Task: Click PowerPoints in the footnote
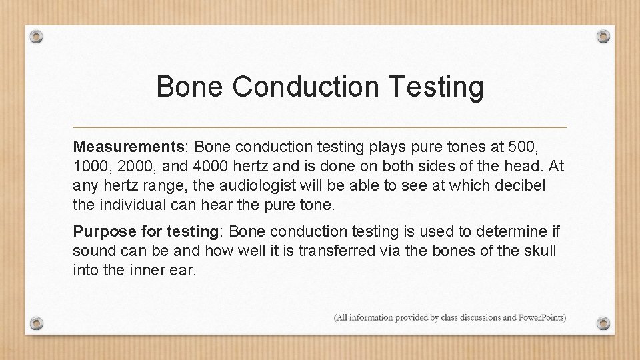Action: pos(542,317)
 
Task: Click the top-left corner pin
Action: pos(38,36)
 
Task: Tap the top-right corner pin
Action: pos(603,36)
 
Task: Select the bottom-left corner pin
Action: pos(38,323)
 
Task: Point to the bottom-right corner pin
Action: pos(603,323)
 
